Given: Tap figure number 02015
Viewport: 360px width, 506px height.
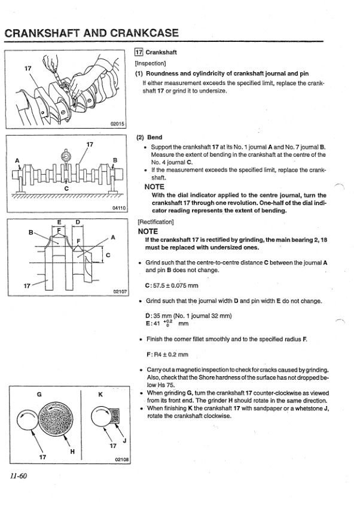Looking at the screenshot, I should [117, 124].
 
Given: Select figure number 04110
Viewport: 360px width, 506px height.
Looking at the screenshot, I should [118, 208].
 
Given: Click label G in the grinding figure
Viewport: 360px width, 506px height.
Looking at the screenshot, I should [39, 394].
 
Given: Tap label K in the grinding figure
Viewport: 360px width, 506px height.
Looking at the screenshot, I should [100, 395].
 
